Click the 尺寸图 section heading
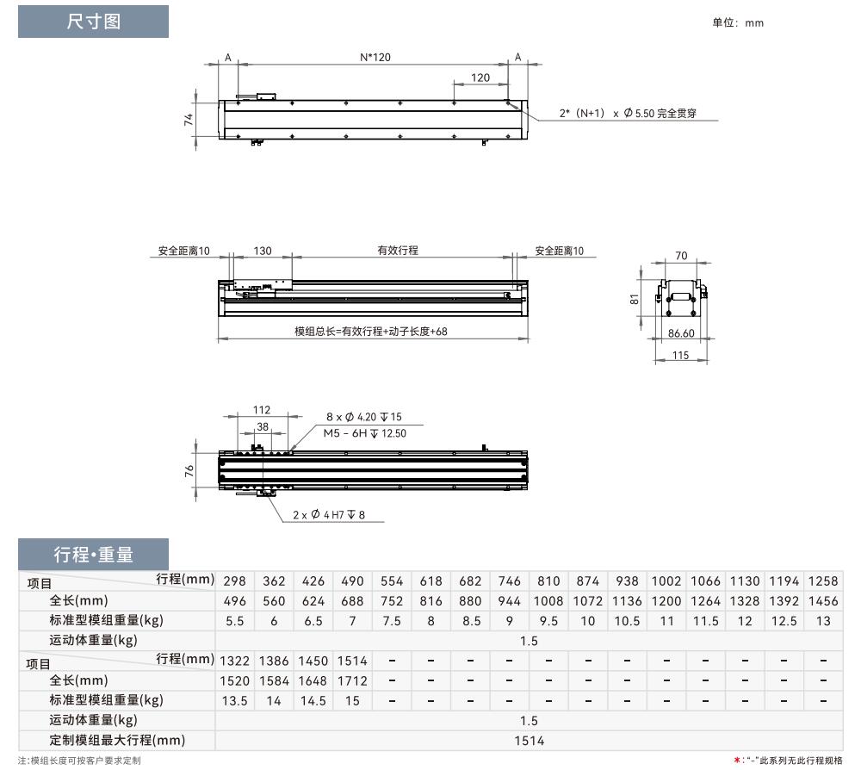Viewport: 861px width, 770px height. (93, 22)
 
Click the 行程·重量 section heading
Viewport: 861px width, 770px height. (93, 555)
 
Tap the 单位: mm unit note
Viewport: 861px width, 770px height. (738, 22)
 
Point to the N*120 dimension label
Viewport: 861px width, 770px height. (375, 57)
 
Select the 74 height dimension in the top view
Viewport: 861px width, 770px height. (189, 119)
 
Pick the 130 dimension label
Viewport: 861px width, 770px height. (263, 251)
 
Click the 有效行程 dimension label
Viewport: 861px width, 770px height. (398, 251)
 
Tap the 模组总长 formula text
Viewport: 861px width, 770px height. (370, 332)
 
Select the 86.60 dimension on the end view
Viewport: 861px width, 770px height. (681, 333)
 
